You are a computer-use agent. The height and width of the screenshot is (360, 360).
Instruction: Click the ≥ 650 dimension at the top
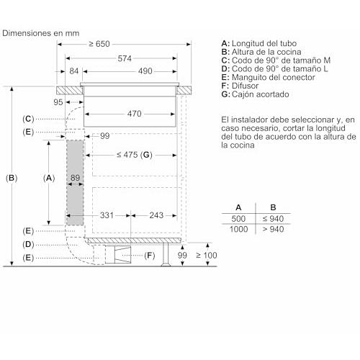(x=99, y=44)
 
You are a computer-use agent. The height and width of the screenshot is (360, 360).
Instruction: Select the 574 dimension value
(x=125, y=58)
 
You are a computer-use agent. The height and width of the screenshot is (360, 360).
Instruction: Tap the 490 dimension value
(x=145, y=71)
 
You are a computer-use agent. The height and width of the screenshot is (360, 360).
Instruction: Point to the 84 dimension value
(x=74, y=71)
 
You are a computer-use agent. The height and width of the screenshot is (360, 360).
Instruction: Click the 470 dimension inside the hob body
(x=135, y=114)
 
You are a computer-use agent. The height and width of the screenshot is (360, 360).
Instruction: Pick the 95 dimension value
(x=58, y=102)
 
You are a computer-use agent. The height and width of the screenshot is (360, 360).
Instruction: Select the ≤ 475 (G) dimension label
(x=135, y=155)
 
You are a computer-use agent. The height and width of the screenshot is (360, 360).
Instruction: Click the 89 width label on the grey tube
(x=75, y=178)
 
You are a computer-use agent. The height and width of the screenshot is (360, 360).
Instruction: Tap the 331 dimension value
(x=107, y=215)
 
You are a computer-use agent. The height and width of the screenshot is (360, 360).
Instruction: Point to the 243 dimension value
(x=156, y=215)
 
